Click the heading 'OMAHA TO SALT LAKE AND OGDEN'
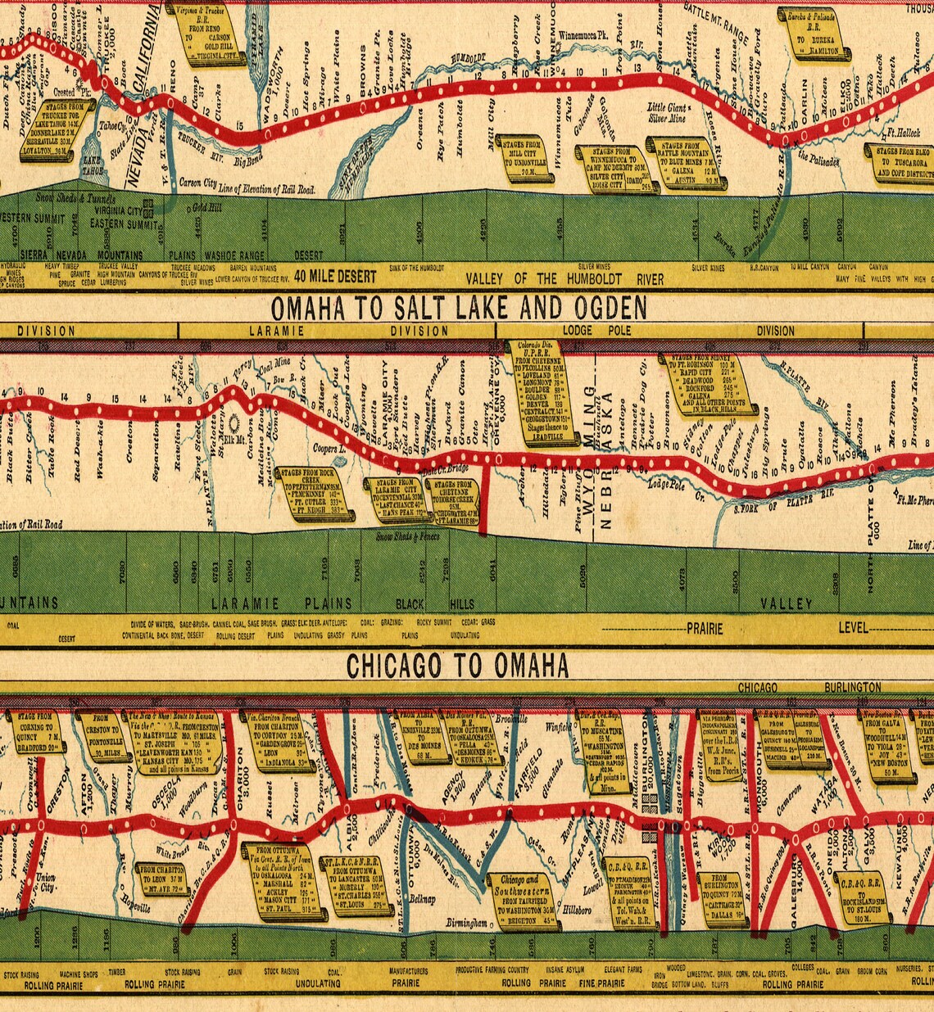coord(458,308)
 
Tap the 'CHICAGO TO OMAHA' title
coord(458,666)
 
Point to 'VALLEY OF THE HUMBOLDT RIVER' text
coord(564,278)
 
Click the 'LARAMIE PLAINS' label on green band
coord(282,603)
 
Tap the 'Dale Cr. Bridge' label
coord(445,468)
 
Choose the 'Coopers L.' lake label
coord(329,449)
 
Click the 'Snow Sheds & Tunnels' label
coord(74,197)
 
